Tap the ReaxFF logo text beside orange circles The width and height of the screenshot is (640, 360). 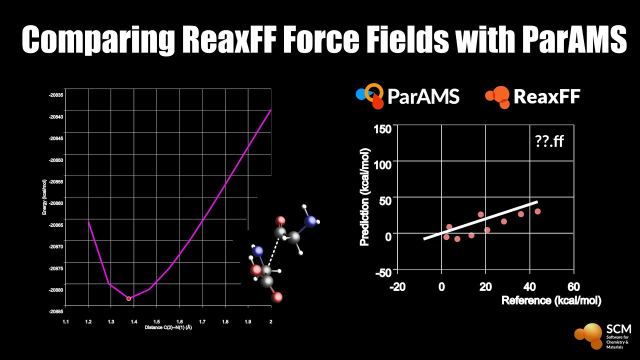click(x=546, y=96)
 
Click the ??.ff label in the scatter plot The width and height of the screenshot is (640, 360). click(x=548, y=141)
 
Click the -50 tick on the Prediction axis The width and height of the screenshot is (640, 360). click(x=383, y=272)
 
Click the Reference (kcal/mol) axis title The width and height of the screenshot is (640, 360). click(x=551, y=300)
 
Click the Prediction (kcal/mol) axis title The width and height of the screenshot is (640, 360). click(x=364, y=197)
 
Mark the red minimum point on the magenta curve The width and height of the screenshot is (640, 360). click(x=128, y=298)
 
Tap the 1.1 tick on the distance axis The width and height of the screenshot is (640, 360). click(x=65, y=321)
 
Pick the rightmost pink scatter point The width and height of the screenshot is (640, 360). click(x=537, y=211)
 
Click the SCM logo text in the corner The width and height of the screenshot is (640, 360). click(x=618, y=329)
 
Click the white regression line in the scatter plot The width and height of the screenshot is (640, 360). click(x=480, y=220)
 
